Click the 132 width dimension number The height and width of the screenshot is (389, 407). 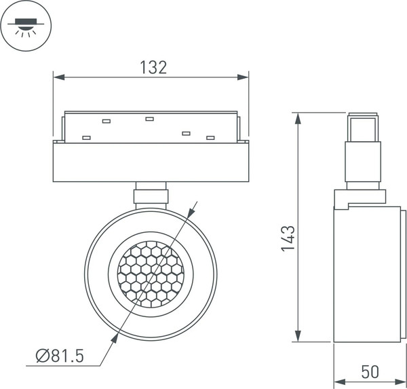pyautogui.click(x=153, y=67)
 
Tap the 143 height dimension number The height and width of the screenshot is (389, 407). pyautogui.click(x=288, y=239)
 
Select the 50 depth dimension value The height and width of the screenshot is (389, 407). pyautogui.click(x=370, y=372)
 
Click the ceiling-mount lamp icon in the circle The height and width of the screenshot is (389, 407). pyautogui.click(x=26, y=26)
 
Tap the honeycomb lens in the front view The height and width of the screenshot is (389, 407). pyautogui.click(x=150, y=272)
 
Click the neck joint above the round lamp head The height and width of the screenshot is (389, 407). pyautogui.click(x=151, y=193)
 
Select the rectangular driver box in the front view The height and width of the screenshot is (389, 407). pyautogui.click(x=151, y=163)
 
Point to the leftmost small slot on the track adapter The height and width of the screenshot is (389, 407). pyautogui.click(x=86, y=138)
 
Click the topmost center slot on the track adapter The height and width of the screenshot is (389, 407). pyautogui.click(x=149, y=119)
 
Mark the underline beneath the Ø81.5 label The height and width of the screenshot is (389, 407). pyautogui.click(x=61, y=366)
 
